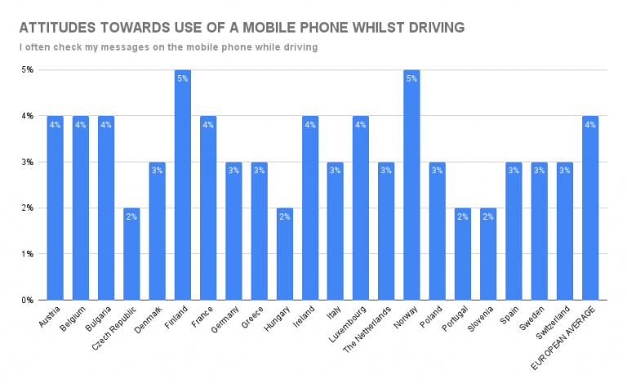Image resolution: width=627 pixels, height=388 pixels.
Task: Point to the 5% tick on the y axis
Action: pyautogui.click(x=27, y=70)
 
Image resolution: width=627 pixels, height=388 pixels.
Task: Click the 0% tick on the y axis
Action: pyautogui.click(x=27, y=300)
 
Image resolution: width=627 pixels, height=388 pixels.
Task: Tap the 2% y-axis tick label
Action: pyautogui.click(x=27, y=207)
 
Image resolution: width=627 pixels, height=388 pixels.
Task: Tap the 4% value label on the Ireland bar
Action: pyautogui.click(x=310, y=125)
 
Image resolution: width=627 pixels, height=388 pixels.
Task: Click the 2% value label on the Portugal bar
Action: pyautogui.click(x=463, y=216)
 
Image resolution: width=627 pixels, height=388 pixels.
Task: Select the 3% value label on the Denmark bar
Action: pyautogui.click(x=158, y=171)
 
